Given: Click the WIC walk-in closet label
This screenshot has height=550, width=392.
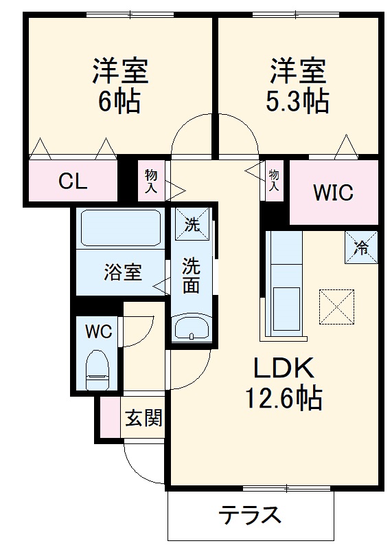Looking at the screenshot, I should pyautogui.click(x=334, y=192).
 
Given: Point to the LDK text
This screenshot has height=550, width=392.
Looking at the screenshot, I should pyautogui.click(x=284, y=370).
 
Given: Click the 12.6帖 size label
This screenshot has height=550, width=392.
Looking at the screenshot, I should pyautogui.click(x=284, y=399).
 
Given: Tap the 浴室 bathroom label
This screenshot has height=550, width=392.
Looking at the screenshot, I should pyautogui.click(x=124, y=272).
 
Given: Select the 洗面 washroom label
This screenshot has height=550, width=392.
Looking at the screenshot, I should pyautogui.click(x=192, y=274).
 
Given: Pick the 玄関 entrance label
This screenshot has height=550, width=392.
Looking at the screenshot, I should pyautogui.click(x=143, y=418).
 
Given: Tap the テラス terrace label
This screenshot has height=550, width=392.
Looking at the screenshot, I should pyautogui.click(x=251, y=514).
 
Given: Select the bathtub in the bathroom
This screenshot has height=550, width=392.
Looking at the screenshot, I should pyautogui.click(x=121, y=226).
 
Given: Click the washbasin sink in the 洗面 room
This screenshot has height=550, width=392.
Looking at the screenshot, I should pyautogui.click(x=192, y=329).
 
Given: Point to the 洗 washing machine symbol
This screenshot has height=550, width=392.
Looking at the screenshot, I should pyautogui.click(x=192, y=223).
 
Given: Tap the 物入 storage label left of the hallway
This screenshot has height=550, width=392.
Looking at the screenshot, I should pyautogui.click(x=150, y=181).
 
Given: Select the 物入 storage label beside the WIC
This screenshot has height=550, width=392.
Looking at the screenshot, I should pyautogui.click(x=274, y=179).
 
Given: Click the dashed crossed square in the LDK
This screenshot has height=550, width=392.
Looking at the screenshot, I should pyautogui.click(x=337, y=306).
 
